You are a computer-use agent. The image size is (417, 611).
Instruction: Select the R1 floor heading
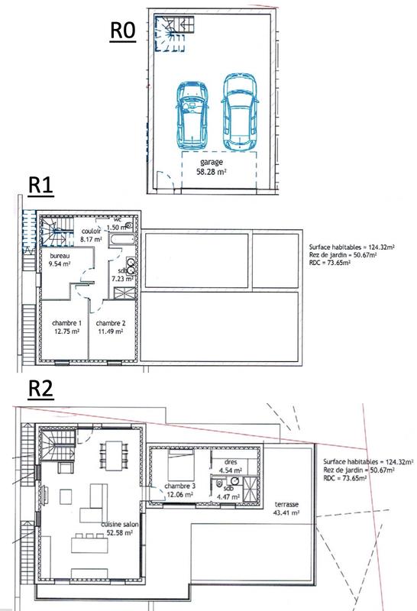(x=40, y=185)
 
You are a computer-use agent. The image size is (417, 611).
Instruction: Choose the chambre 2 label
(x=110, y=323)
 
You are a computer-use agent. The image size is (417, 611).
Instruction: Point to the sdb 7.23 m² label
(x=121, y=276)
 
